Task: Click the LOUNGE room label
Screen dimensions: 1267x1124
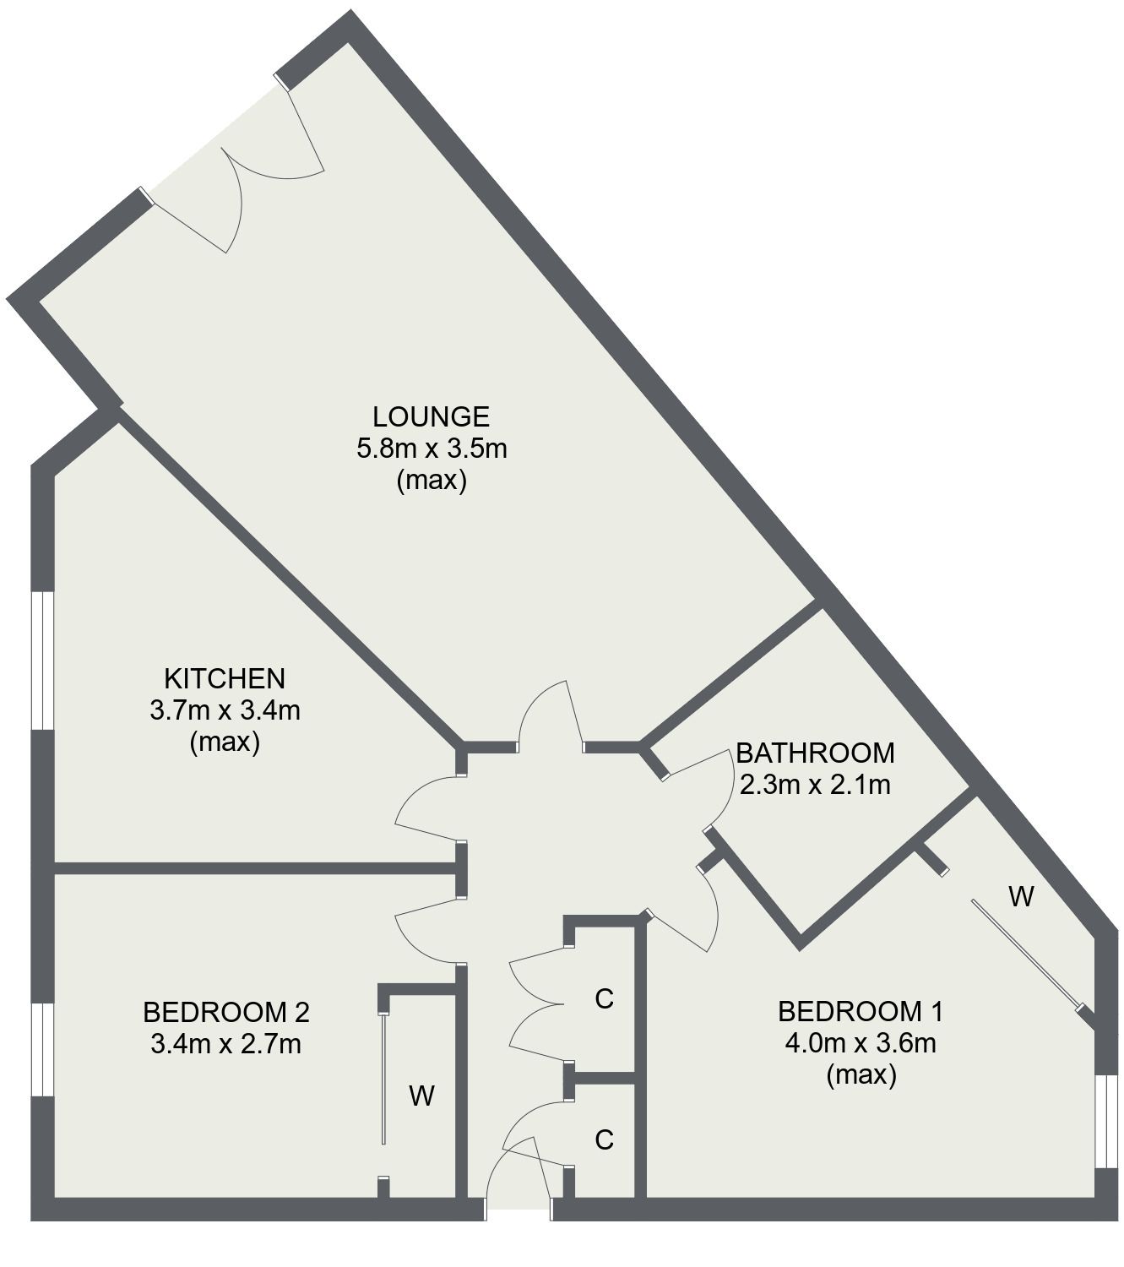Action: point(431,416)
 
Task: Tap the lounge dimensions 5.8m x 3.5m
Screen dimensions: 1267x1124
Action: point(431,449)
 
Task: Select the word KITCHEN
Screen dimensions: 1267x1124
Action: point(224,678)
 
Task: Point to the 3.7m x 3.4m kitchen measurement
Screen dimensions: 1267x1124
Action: point(224,710)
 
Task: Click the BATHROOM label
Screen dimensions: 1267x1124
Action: point(814,752)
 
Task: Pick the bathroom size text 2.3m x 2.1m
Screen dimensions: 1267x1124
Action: point(814,785)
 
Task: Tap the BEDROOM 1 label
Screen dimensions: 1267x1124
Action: point(860,1011)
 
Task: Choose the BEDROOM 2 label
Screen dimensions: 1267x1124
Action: point(225,1011)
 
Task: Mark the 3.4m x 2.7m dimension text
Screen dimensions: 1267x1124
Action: point(225,1044)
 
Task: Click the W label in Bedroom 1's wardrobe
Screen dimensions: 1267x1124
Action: point(1021,896)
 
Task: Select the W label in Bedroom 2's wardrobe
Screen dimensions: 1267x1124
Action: point(421,1096)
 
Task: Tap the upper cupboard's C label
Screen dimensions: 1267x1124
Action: point(603,999)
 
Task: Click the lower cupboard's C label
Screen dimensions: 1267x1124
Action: point(603,1140)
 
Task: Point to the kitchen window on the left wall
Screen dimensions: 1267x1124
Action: point(42,660)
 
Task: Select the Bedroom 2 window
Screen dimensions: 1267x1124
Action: point(42,1050)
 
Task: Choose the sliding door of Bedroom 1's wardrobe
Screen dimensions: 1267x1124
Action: point(1026,954)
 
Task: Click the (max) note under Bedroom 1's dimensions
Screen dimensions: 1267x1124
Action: point(860,1075)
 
